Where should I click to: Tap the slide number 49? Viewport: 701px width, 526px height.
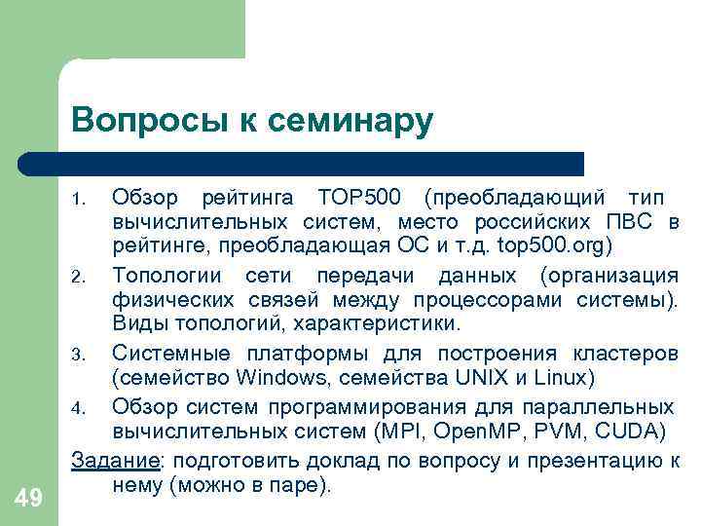[x=29, y=499]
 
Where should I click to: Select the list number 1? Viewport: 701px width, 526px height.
[x=83, y=201]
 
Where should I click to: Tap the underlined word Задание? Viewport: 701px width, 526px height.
[x=106, y=460]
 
